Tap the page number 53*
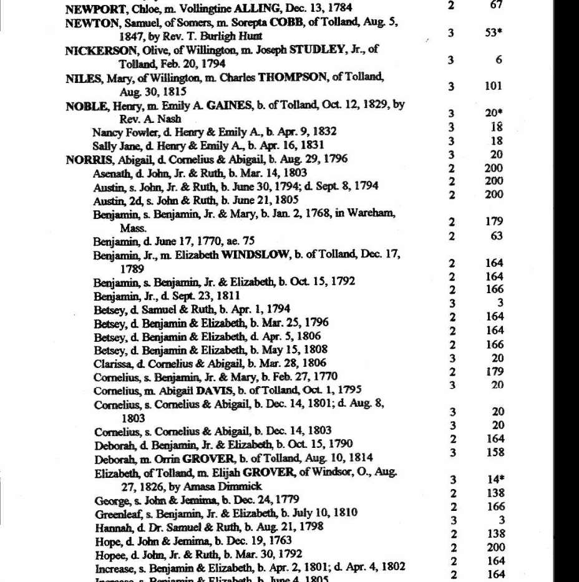tap(494, 33)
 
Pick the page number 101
tap(493, 87)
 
